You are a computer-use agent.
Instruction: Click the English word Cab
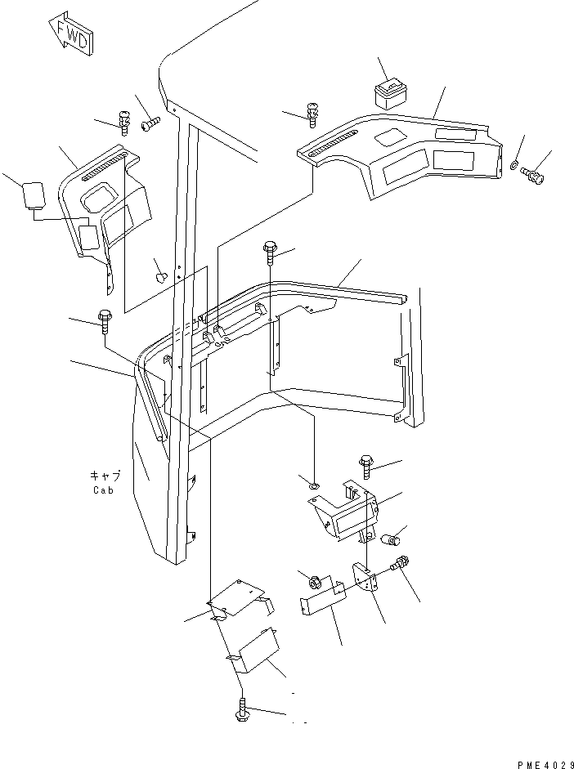tap(103, 490)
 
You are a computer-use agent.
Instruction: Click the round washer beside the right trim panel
tap(513, 166)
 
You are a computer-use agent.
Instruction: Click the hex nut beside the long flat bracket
tap(313, 583)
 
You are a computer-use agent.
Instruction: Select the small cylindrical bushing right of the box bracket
tap(392, 539)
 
